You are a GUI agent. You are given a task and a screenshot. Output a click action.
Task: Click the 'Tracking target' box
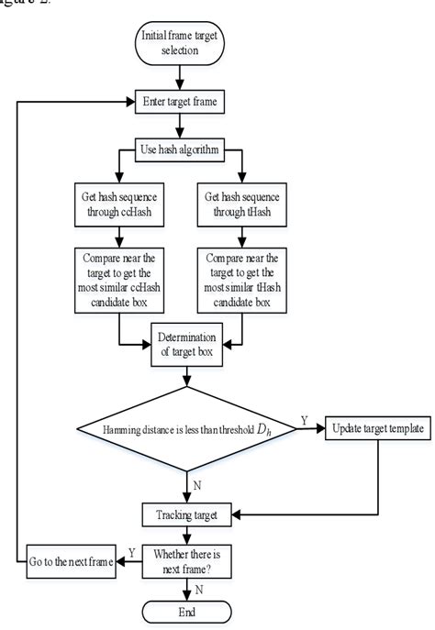[x=187, y=515]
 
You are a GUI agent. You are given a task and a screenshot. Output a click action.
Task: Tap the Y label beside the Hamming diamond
[x=304, y=420]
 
